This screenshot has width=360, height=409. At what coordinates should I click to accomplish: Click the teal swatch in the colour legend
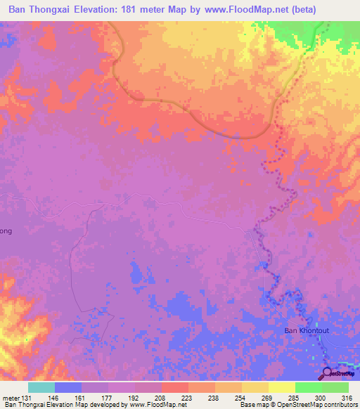click(x=41, y=387)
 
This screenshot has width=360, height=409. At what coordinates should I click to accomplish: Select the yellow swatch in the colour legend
click(x=281, y=387)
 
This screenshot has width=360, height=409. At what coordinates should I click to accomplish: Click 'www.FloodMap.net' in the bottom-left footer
click(x=158, y=405)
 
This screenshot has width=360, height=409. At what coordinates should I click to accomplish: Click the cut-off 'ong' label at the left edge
click(x=6, y=231)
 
